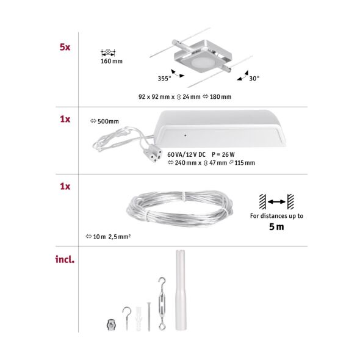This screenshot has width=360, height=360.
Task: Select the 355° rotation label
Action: pyautogui.click(x=164, y=78)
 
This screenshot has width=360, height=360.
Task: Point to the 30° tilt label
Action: pyautogui.click(x=254, y=78)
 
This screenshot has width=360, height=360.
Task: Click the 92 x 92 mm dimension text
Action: pyautogui.click(x=157, y=96)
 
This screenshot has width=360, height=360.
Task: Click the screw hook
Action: pyautogui.click(x=127, y=317)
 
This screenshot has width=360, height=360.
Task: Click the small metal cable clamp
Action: pyautogui.click(x=110, y=323)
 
